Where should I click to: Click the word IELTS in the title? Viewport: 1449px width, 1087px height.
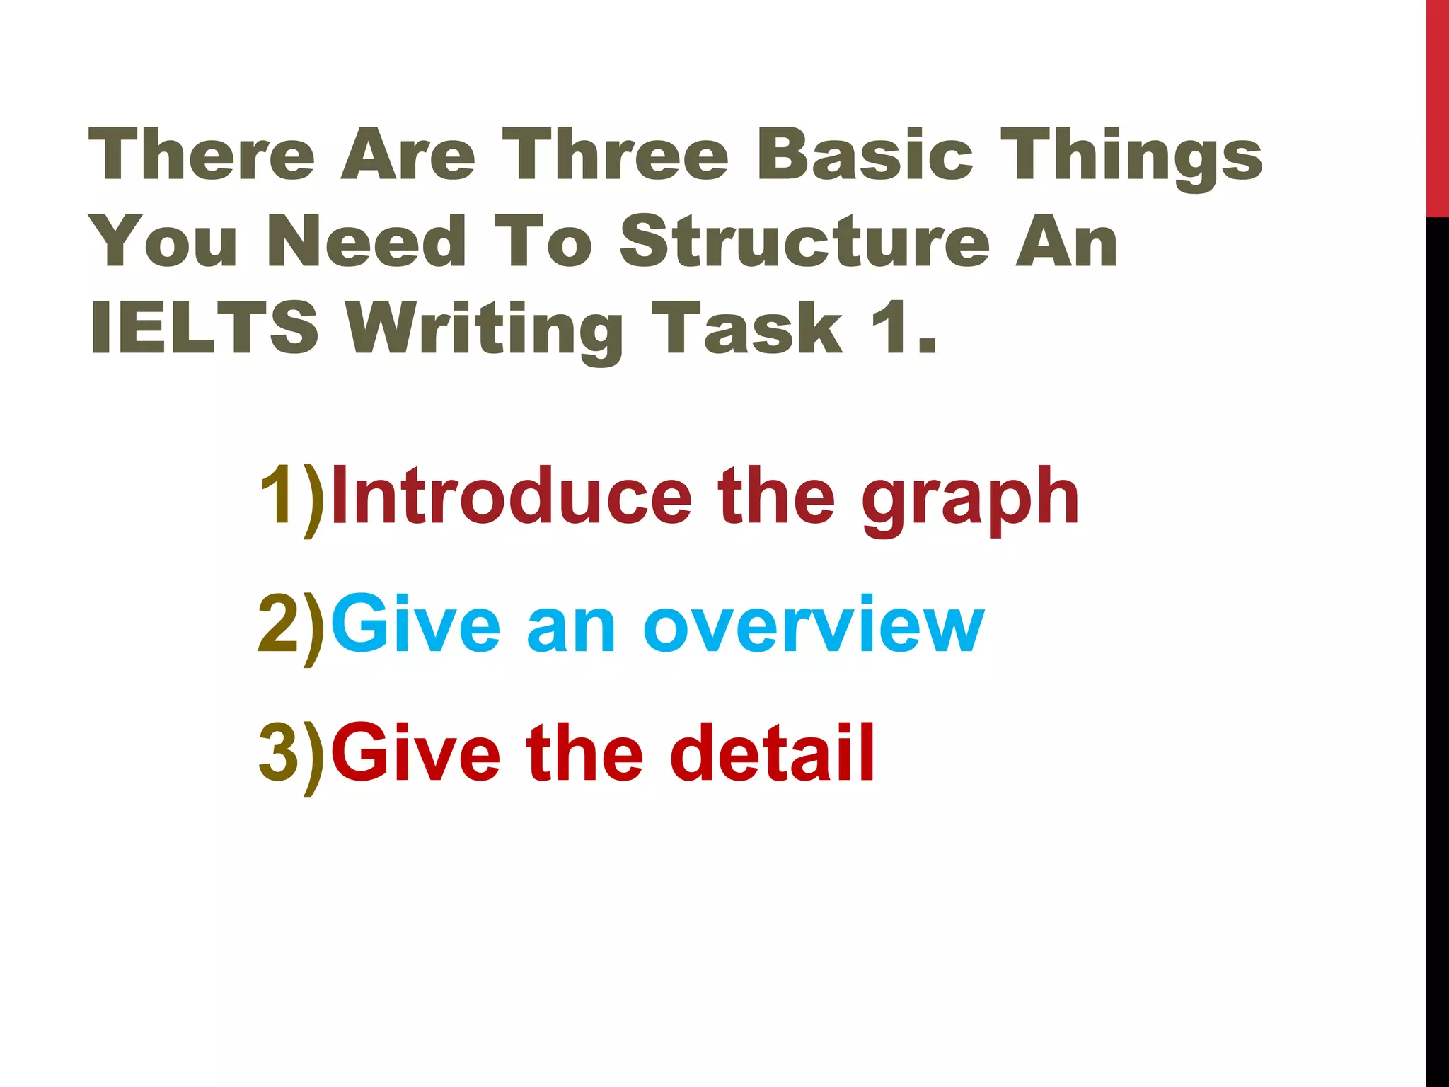click(204, 328)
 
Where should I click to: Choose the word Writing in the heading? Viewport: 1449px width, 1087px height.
click(487, 330)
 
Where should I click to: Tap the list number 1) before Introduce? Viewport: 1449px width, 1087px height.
click(291, 498)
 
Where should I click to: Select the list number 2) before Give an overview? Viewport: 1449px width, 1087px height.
click(291, 626)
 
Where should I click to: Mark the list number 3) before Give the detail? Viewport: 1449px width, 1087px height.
click(291, 754)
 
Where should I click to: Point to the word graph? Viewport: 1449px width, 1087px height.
click(970, 501)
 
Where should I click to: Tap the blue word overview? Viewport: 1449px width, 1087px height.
click(813, 626)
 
